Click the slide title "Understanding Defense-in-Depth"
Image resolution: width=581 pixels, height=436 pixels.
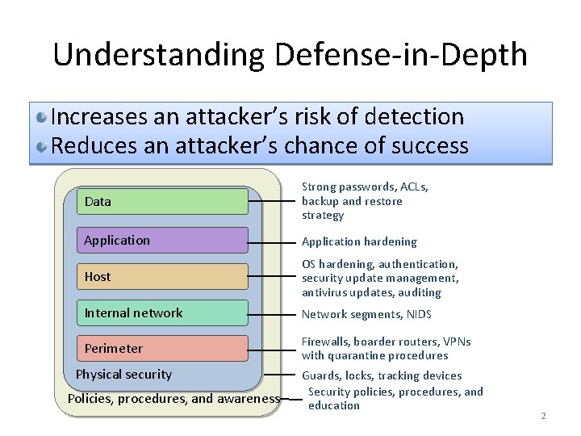pos(290,55)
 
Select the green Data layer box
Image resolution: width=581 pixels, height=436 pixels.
pos(162,201)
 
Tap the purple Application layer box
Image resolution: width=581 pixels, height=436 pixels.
pos(162,240)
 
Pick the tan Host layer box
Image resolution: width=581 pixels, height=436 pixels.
pos(162,276)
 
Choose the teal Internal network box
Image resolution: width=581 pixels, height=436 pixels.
pos(162,312)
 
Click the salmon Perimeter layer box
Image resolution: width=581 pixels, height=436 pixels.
pos(162,348)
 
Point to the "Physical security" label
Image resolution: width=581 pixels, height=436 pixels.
pos(123,375)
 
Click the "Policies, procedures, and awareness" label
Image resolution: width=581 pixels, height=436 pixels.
pos(173,398)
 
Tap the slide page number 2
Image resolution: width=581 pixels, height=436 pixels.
pos(543,416)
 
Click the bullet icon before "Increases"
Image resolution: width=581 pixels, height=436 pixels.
pos(41,118)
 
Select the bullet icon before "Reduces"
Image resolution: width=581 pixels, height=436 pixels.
pos(41,147)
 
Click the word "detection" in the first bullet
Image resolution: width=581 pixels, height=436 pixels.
pos(414,117)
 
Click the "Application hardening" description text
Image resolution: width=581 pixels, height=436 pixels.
pos(359,241)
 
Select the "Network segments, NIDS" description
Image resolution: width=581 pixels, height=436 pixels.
pos(366,314)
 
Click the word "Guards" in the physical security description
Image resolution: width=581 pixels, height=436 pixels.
pos(320,375)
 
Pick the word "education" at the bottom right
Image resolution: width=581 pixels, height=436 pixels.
pos(334,405)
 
